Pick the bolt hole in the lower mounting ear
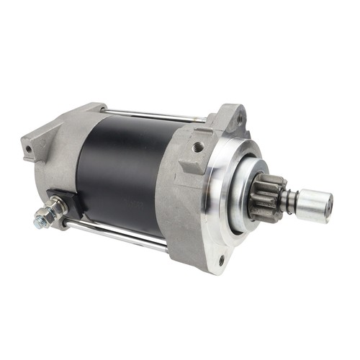click(220, 260)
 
